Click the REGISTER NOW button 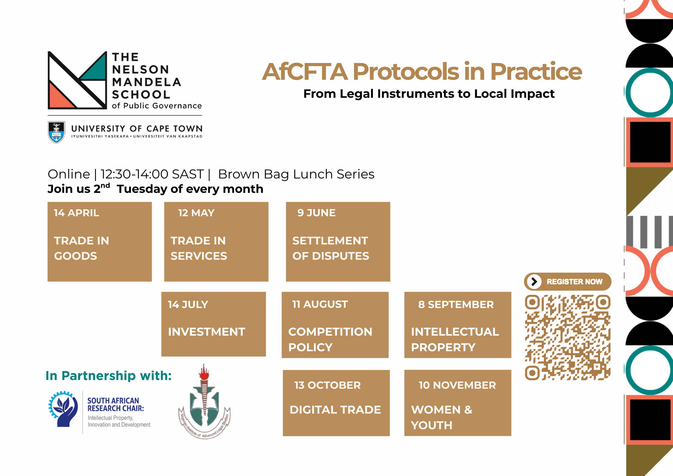(x=567, y=282)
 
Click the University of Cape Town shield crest (x=56, y=132)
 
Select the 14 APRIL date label (x=76, y=213)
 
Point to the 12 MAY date (x=196, y=213)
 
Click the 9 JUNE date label (x=316, y=213)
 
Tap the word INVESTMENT (x=207, y=332)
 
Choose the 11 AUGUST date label (x=320, y=304)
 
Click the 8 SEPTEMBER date (x=456, y=304)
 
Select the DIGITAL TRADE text (x=335, y=410)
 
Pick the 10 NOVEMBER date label (x=457, y=385)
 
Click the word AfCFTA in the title (x=305, y=72)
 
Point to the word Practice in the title (x=536, y=72)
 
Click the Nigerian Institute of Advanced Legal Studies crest (x=204, y=402)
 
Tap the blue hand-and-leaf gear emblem (x=63, y=409)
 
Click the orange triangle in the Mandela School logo (x=61, y=96)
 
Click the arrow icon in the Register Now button (x=534, y=282)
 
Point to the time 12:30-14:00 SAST (x=152, y=174)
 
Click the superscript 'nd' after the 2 (x=105, y=185)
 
